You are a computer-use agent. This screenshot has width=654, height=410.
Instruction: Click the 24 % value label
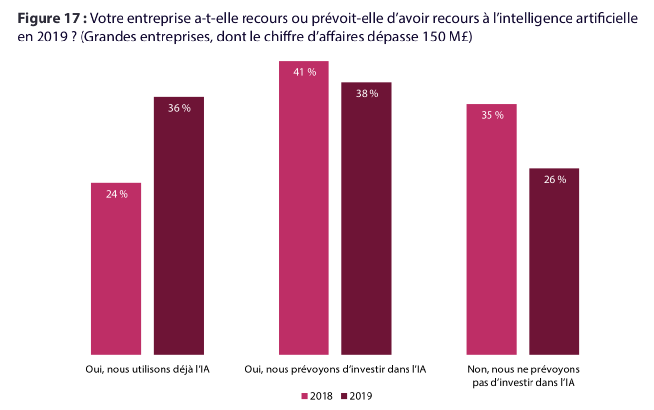point(117,194)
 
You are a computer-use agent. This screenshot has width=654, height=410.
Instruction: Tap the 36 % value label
point(179,108)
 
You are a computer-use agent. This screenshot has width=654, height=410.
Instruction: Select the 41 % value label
point(304,72)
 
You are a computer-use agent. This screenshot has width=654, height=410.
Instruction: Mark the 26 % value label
point(555,180)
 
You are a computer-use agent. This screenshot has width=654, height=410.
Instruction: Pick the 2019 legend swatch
point(344,396)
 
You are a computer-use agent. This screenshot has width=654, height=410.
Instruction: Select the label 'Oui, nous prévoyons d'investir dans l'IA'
point(335,369)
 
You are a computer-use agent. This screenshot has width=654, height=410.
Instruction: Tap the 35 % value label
point(492,115)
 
